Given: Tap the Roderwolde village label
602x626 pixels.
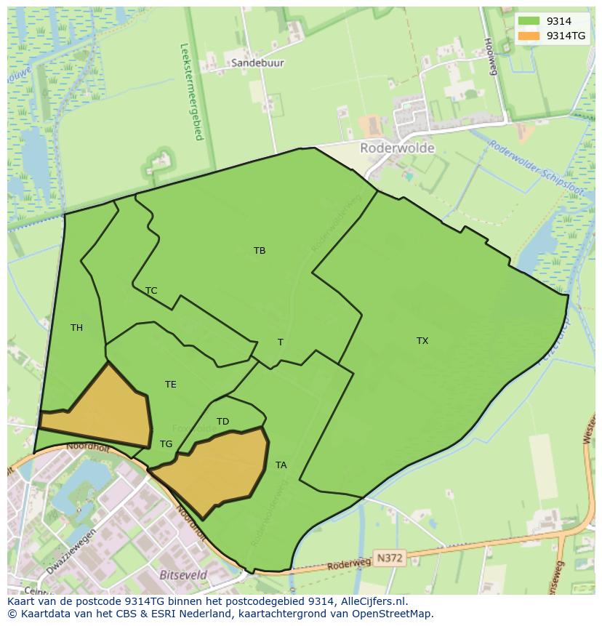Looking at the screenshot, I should pos(397,148).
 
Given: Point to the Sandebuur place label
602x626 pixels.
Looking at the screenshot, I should pos(257,63).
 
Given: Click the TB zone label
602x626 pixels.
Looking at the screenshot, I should pos(260,251).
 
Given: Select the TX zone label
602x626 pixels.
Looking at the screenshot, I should pos(422,341).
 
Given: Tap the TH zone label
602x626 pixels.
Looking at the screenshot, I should pos(76,328).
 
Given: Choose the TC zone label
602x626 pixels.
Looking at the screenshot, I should pos(151,291).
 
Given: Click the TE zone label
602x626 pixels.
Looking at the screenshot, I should pos(170,385).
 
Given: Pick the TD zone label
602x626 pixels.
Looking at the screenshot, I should pos(222,422).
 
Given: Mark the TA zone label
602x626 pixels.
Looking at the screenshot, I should pos(281,465).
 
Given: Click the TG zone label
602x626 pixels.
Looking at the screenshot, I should pos(166,444).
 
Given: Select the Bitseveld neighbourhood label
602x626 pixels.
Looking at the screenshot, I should pos(182,574).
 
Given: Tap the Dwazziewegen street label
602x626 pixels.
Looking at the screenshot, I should pos(71,553).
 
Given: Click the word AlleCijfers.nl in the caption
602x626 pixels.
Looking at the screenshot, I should pos(371,602).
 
